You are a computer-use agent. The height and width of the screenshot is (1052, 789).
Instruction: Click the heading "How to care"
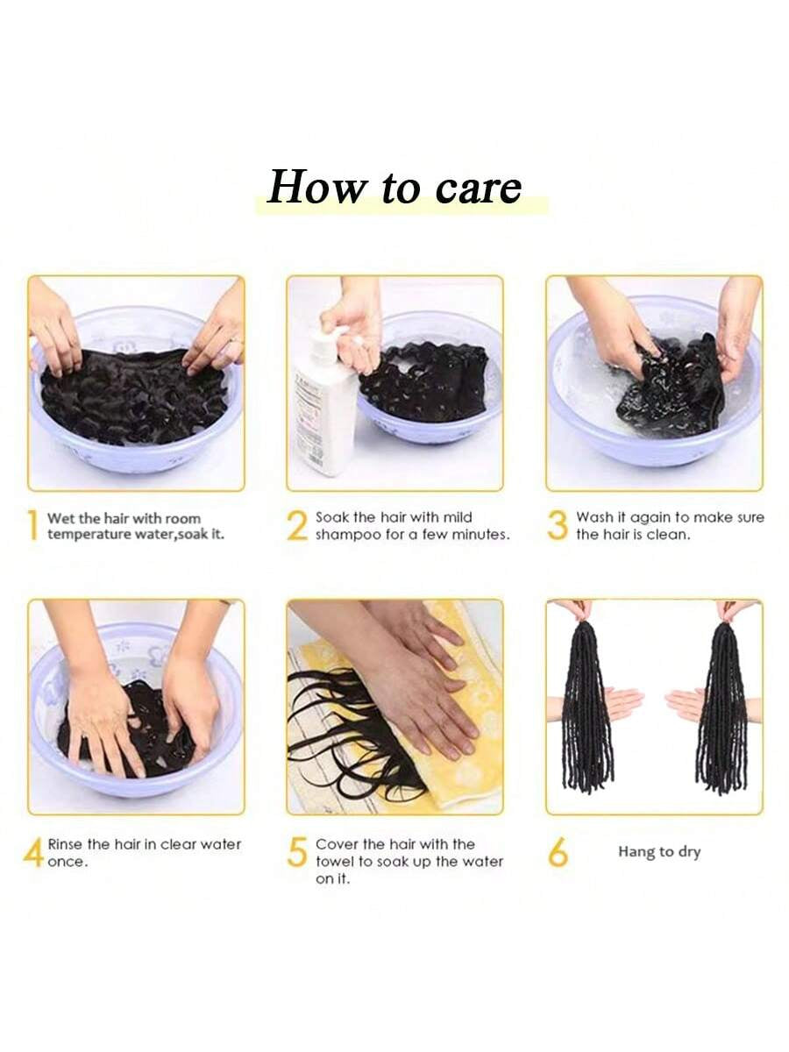394,187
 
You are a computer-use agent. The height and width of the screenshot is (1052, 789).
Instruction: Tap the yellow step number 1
32,525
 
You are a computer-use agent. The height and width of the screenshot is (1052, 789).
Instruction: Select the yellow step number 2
297,525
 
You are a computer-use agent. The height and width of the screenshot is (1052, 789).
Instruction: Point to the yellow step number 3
558,525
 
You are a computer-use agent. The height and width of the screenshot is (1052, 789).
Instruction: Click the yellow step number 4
33,851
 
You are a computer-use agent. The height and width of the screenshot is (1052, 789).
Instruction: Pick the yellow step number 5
297,851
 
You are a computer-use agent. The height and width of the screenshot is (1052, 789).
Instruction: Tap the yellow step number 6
558,851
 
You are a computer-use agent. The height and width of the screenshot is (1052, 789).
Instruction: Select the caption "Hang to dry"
659,851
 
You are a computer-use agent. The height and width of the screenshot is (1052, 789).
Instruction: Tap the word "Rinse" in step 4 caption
66,844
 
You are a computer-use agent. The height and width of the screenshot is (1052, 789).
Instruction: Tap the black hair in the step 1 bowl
134,395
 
